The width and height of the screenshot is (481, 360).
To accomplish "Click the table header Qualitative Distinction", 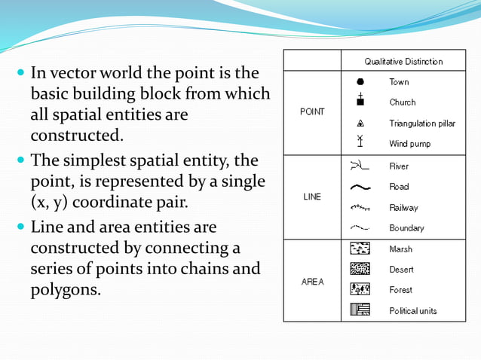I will click(x=403, y=61).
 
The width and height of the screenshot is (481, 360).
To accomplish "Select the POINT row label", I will click(x=312, y=111).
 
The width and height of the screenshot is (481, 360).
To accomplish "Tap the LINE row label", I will click(x=312, y=197).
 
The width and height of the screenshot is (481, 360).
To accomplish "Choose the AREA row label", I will click(x=312, y=282).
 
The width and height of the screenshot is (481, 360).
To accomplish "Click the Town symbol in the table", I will click(x=360, y=81).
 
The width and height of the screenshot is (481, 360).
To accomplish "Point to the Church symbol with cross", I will click(x=360, y=100).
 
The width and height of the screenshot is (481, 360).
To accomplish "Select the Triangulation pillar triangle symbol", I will click(x=360, y=123).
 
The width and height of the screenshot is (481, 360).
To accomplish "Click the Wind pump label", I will click(x=409, y=143).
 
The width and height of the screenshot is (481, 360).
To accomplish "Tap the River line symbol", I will click(x=360, y=166).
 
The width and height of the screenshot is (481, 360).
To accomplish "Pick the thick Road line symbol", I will click(x=360, y=187).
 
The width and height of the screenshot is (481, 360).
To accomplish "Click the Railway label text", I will click(x=403, y=207).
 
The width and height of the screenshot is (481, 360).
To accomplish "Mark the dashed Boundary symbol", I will click(x=360, y=227).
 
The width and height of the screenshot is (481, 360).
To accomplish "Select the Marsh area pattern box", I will click(x=360, y=249).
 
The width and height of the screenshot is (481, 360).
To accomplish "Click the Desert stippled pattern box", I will click(x=360, y=269).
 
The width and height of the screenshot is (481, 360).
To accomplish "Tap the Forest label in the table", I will click(x=401, y=290).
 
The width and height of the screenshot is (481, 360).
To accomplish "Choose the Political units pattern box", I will click(x=360, y=310).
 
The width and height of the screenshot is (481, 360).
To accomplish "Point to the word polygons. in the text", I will click(x=66, y=290).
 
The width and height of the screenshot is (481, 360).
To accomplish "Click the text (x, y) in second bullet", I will click(x=53, y=203).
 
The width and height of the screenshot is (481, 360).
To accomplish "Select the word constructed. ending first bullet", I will click(x=75, y=136).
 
